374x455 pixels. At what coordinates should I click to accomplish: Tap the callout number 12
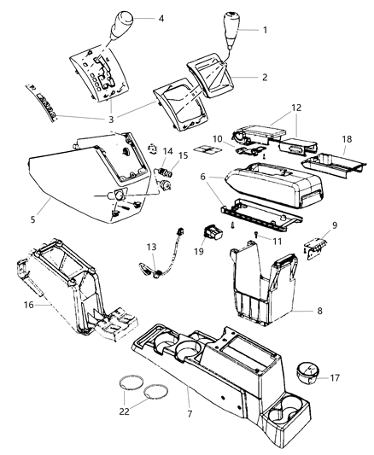[295, 108]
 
